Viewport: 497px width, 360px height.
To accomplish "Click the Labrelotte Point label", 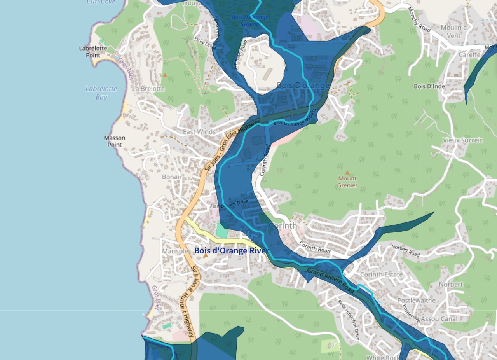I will pos(93,52).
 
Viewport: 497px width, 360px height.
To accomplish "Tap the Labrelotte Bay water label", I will pos(101,93).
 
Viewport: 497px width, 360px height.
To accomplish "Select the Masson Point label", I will pos(115,142).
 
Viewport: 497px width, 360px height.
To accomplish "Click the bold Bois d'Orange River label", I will pos(231,251).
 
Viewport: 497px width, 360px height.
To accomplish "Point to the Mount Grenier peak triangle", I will pos(347,172).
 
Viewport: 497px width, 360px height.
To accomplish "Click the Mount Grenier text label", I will pos(347,182).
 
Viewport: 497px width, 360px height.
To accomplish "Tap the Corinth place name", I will pos(283,226).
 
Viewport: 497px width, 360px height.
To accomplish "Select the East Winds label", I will pos(199,132).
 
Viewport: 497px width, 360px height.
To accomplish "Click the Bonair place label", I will pos(172,177).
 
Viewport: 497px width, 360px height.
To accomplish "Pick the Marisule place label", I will pos(175,251).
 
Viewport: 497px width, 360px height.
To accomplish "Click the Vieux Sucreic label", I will pos(463,140).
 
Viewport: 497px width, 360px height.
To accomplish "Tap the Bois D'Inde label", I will pos(429,86).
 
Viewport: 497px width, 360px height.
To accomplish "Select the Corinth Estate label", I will pos(381,274).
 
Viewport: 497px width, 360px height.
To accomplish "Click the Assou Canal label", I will pos(439,319).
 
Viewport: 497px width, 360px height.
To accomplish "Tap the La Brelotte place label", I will pos(148,89).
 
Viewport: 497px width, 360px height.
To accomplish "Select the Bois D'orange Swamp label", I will pos(250,21).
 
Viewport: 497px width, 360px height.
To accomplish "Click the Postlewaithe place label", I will pos(416,301).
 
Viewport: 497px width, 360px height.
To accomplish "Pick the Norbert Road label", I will pos(405,251).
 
